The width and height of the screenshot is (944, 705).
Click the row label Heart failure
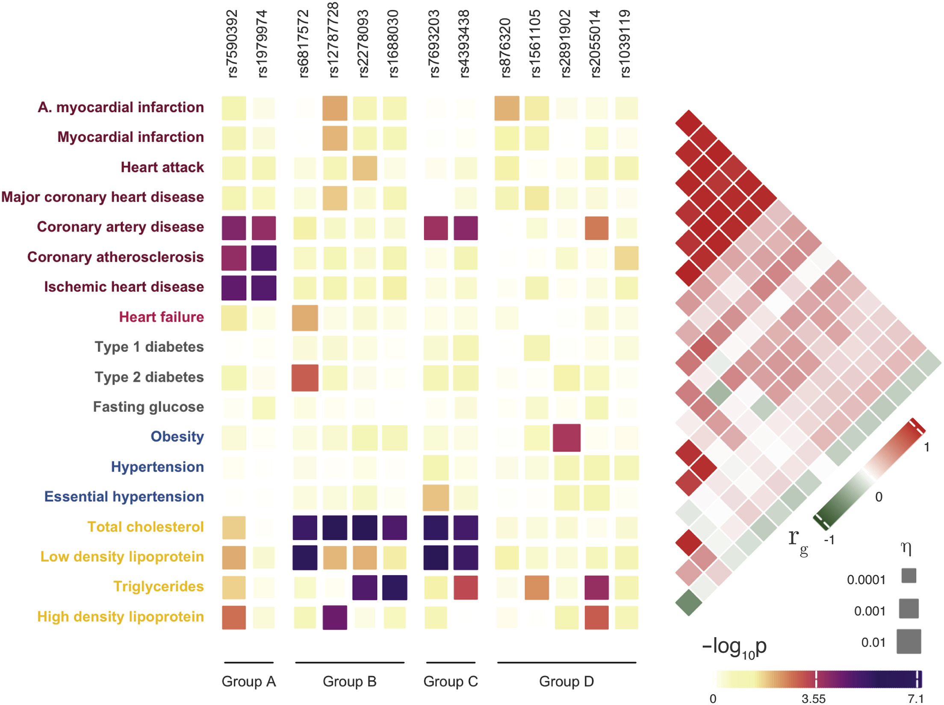[x=161, y=317]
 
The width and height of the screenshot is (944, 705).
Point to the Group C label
[x=451, y=681]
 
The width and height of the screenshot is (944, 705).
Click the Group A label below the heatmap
[x=248, y=681]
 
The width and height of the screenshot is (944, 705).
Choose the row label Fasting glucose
[x=148, y=407]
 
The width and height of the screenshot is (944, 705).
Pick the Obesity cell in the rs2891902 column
[x=566, y=438]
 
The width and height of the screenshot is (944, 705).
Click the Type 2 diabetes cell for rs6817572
[x=305, y=378]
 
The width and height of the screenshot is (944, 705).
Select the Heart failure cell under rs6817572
[x=305, y=318]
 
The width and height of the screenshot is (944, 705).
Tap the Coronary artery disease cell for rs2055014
[x=596, y=228]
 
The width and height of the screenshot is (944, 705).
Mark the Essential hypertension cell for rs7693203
[x=436, y=497]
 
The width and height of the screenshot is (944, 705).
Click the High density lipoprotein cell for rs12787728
[x=335, y=617]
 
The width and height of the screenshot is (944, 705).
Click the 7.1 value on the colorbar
[x=916, y=699]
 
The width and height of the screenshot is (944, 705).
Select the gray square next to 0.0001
[x=909, y=575]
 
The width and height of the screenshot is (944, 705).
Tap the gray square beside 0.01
[x=909, y=641]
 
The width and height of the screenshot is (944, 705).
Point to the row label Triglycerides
[x=158, y=586]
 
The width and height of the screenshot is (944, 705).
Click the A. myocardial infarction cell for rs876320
[x=507, y=108]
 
